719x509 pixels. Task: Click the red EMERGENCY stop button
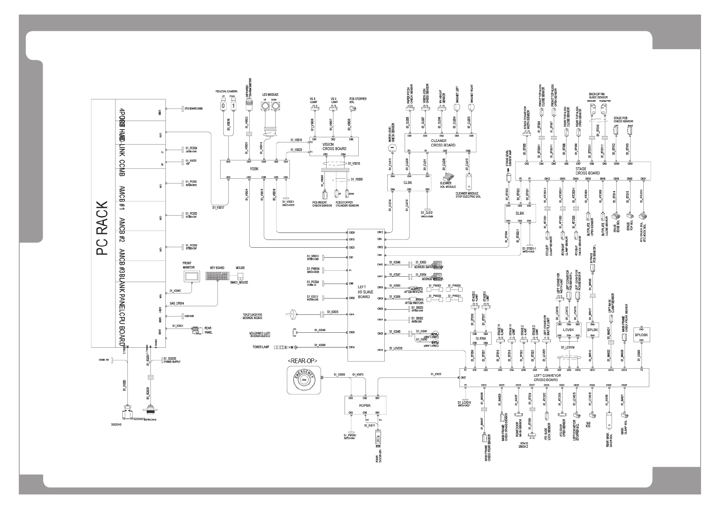304,379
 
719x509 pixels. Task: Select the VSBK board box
254,169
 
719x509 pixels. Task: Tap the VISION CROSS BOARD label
334,146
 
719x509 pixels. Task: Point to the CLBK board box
408,183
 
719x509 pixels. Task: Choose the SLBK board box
519,213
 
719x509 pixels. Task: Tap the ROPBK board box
365,405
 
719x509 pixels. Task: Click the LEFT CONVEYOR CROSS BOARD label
546,378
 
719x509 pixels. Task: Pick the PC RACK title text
103,228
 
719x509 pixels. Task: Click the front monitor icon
189,276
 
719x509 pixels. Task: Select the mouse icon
241,275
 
